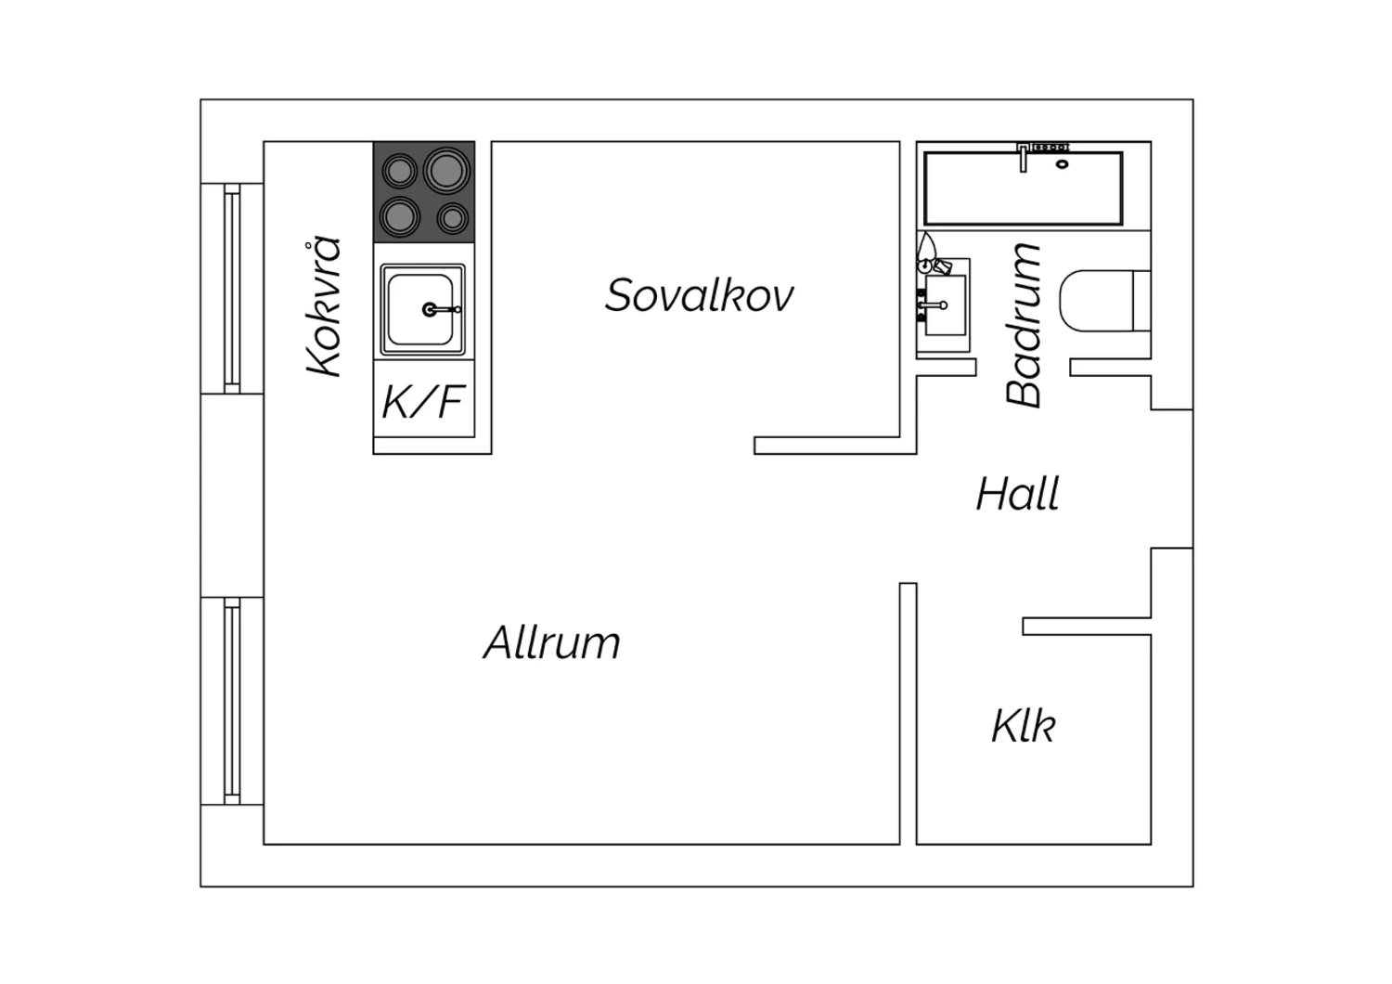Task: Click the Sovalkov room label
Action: [x=699, y=295]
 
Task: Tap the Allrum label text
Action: [x=552, y=642]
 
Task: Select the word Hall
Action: [x=1018, y=494]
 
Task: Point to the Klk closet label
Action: [x=1024, y=725]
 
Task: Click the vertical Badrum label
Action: [x=1023, y=325]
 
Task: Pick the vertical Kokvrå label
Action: [x=324, y=307]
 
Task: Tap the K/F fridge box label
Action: [x=423, y=402]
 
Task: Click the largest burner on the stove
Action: [x=446, y=169]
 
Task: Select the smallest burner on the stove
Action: [x=453, y=218]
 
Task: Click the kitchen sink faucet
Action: [x=441, y=309]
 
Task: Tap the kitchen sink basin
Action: [x=420, y=309]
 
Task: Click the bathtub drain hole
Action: [x=1062, y=164]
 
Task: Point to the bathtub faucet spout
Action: [x=1023, y=159]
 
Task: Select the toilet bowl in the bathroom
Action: [x=1097, y=301]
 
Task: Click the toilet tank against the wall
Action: [x=1142, y=301]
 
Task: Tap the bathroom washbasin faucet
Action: [x=933, y=305]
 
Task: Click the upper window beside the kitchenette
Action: [x=232, y=289]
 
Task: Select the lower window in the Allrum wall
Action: [x=232, y=701]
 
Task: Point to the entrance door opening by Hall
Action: [x=1172, y=479]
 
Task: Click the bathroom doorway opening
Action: [x=1023, y=368]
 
